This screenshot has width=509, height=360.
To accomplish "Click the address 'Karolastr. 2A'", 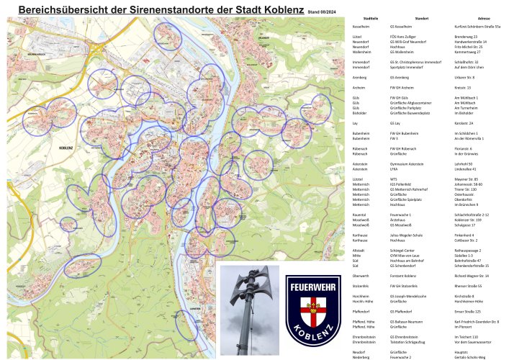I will tap(464, 123).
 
